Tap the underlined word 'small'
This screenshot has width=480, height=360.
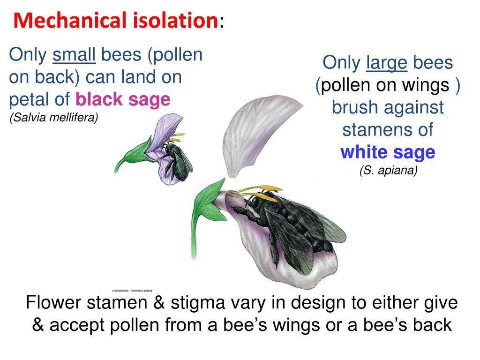pos(74,56)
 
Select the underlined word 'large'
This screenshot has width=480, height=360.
pos(387,62)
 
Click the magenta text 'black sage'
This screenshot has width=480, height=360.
pos(123,99)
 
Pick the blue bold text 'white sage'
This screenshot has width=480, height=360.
pos(388,152)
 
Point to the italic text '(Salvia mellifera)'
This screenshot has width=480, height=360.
pos(53,118)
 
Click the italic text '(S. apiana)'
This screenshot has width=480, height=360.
pos(388,171)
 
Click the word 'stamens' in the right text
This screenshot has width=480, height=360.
pos(388,129)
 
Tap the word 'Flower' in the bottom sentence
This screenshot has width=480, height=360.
pos(54,303)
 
